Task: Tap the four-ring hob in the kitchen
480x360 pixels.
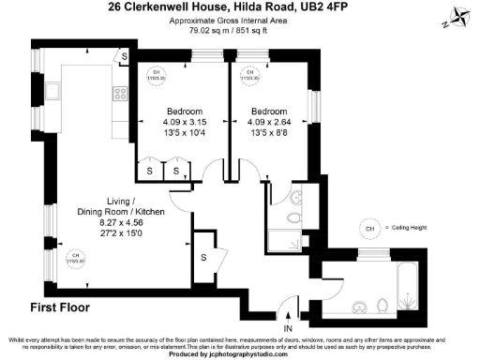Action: click(120, 93)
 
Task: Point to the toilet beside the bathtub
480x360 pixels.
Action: click(384, 306)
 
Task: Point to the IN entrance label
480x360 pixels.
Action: click(289, 328)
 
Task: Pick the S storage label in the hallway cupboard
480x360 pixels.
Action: click(203, 258)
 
